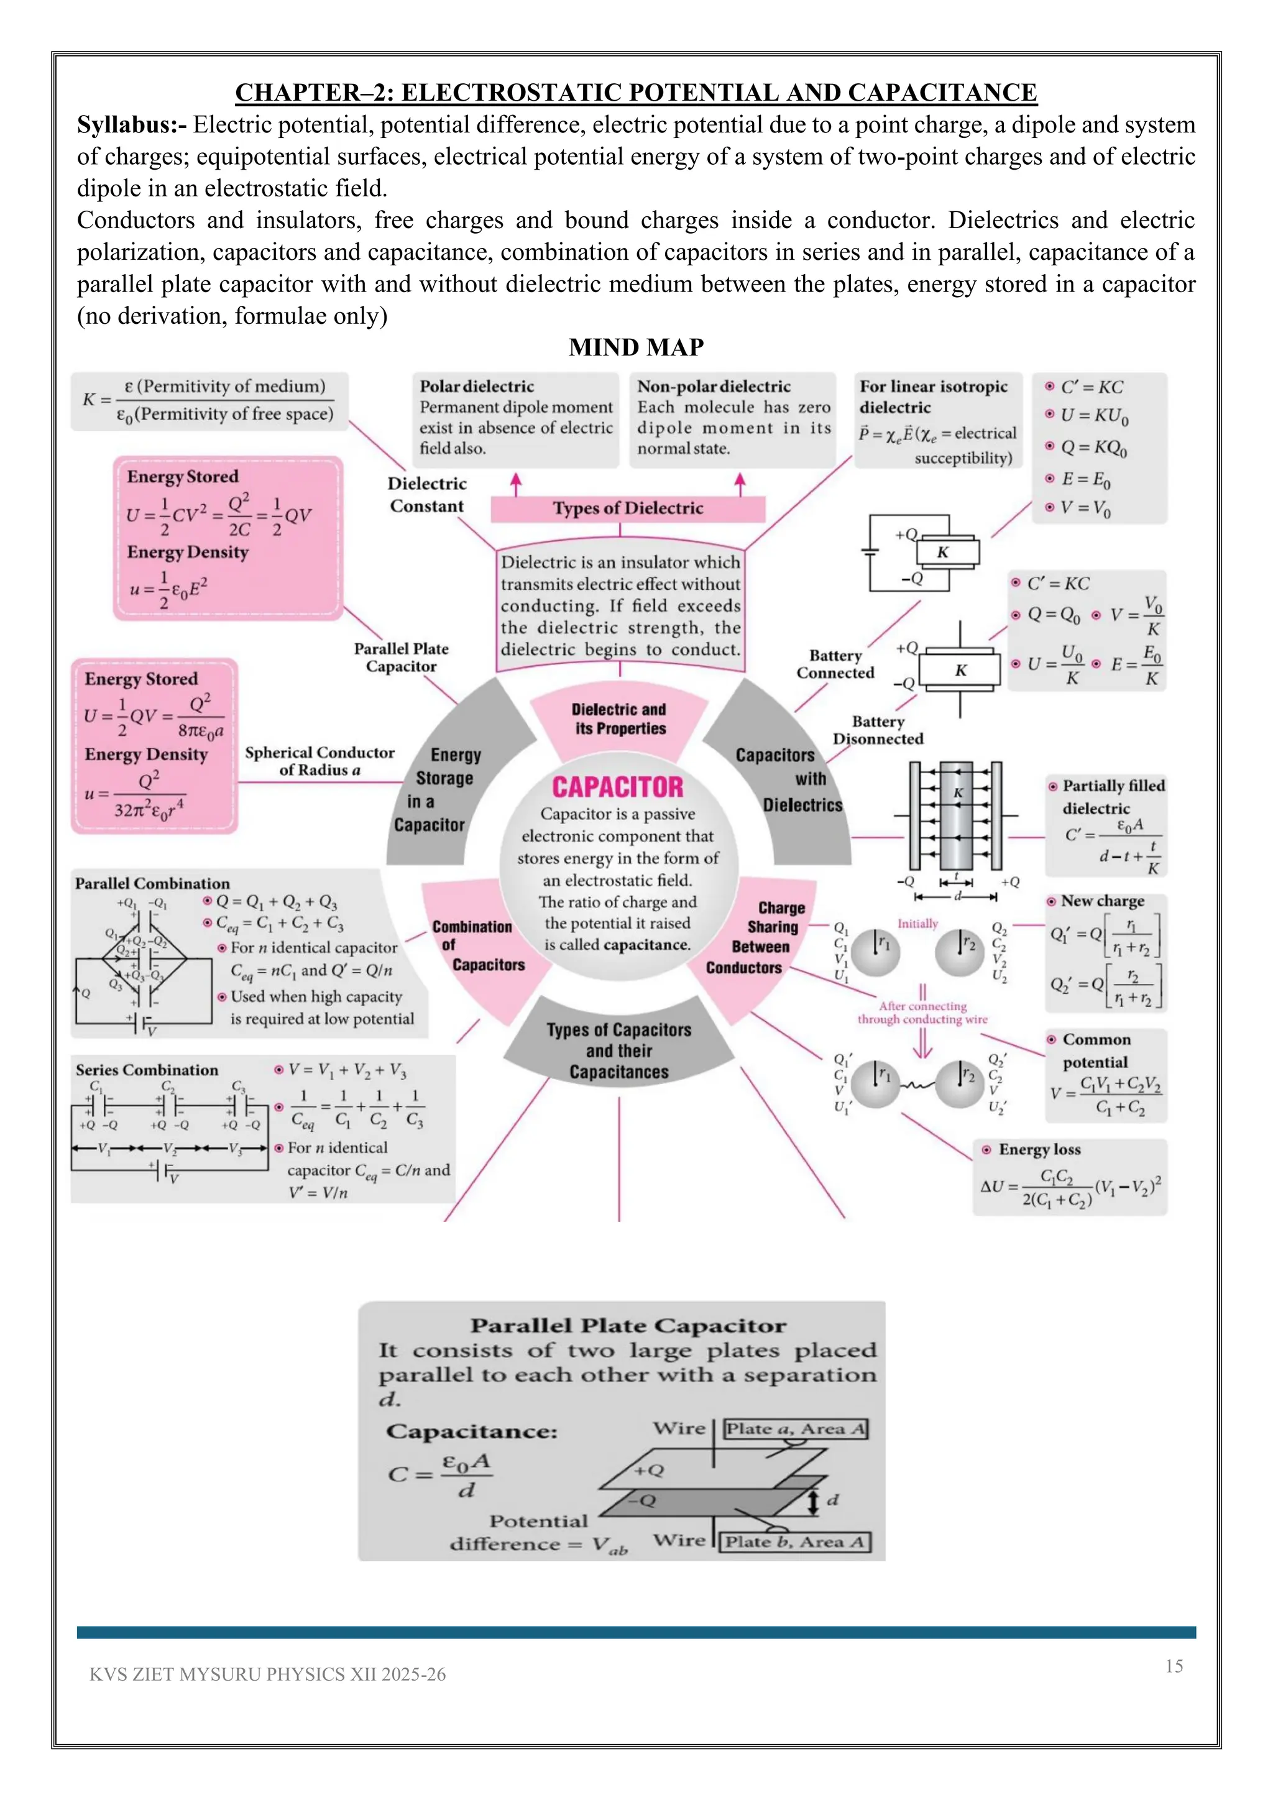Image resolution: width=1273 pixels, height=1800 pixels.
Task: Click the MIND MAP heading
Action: click(636, 347)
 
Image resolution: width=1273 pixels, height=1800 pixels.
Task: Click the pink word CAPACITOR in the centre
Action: click(618, 787)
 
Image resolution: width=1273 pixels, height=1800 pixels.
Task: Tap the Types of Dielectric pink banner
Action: click(628, 508)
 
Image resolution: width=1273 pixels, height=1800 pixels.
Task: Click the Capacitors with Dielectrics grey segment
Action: click(788, 780)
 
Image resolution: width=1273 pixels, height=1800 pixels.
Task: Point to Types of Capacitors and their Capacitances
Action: click(619, 1050)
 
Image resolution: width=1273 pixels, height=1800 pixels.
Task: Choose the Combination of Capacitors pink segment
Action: click(474, 945)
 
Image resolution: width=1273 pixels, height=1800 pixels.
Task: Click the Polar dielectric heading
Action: click(477, 387)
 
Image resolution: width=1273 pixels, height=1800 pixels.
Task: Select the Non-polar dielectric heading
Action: click(714, 387)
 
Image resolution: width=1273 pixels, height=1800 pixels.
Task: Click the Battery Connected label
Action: click(835, 664)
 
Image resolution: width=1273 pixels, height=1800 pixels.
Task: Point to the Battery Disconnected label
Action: click(878, 730)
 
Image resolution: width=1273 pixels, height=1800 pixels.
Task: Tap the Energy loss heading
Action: click(1039, 1149)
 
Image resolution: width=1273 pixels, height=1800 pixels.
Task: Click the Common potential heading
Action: click(1096, 1050)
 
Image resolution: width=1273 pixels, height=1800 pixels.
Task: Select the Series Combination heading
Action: click(147, 1069)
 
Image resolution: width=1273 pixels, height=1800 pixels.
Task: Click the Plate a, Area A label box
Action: click(796, 1428)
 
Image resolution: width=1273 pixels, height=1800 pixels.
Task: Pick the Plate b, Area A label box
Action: click(796, 1541)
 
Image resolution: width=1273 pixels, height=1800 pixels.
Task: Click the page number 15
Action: click(1174, 1666)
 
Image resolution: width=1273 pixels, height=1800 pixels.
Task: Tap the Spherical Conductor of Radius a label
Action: click(320, 760)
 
